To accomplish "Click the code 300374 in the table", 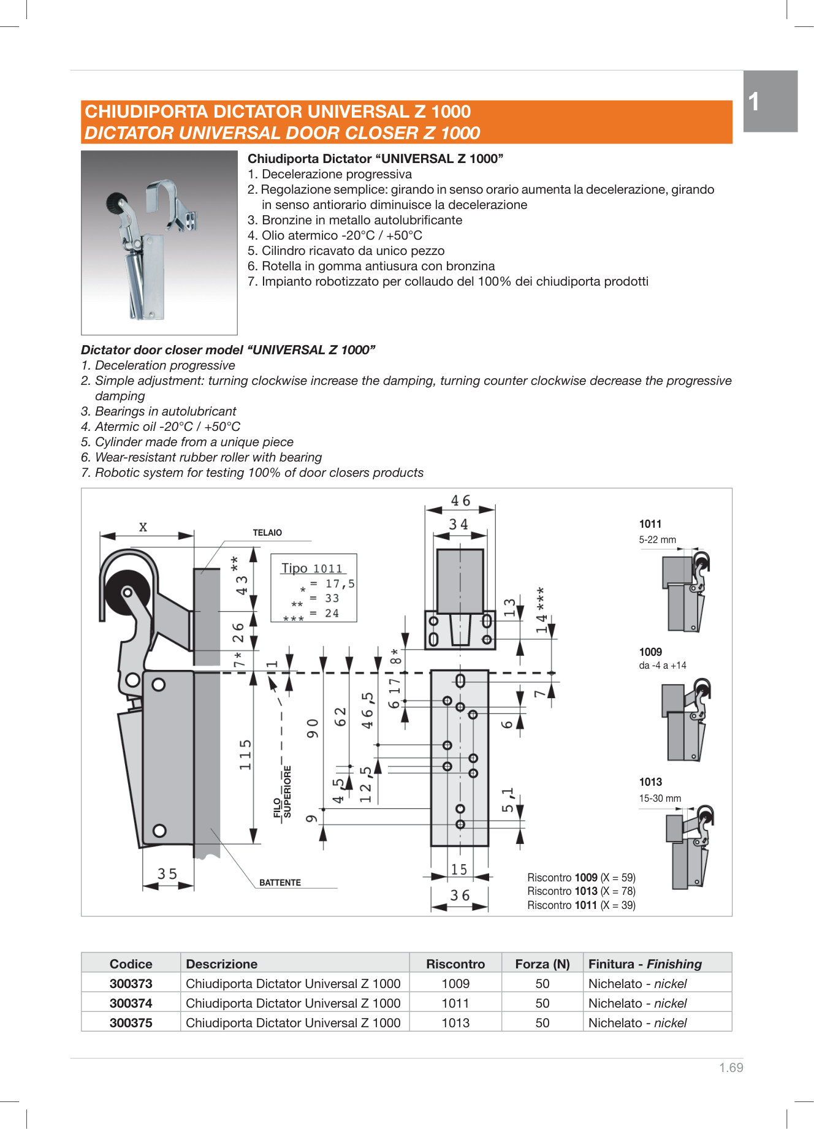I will coord(131,1003).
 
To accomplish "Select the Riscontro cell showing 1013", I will coord(455,1022).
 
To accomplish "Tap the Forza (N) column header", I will coord(542,964).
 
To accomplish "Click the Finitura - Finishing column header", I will coord(645,964).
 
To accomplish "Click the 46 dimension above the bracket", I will coord(460,501).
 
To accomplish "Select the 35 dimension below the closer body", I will coord(167,873).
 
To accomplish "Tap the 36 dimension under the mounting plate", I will coord(460,895).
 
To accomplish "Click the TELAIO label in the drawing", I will coord(267,533).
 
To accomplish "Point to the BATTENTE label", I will coord(280,883).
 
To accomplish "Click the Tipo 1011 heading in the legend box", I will coord(312,568).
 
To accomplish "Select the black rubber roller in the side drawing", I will coord(126,591).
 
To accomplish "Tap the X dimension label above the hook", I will coord(143,526).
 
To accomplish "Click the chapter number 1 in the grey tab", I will coord(754,102).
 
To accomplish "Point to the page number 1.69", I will coord(731,1067).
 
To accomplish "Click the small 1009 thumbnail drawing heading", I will coord(650,652).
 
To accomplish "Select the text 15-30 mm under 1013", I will coord(660,798).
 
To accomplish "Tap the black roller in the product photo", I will coord(116,202).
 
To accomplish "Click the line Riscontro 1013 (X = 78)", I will coord(581,891).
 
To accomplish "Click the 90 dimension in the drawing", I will coord(313,728).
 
